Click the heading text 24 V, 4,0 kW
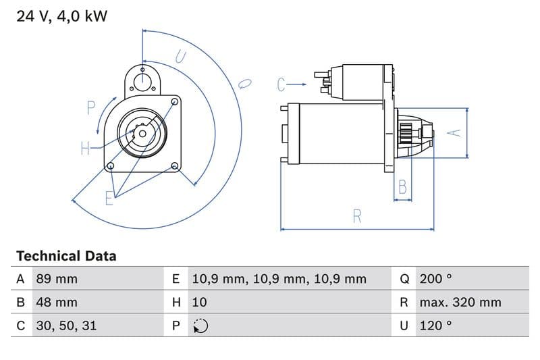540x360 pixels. click(x=61, y=16)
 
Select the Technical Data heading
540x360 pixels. click(x=66, y=256)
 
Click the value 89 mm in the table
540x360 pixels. click(x=57, y=279)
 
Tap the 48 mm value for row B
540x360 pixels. click(x=57, y=302)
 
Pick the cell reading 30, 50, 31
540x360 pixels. click(x=65, y=325)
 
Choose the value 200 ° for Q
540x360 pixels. click(x=436, y=279)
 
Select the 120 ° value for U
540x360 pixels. click(x=435, y=325)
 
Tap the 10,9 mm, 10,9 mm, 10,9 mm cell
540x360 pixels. click(x=279, y=279)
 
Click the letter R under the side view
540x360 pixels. click(x=357, y=216)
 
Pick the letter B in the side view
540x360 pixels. click(x=403, y=187)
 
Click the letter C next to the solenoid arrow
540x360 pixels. click(x=282, y=84)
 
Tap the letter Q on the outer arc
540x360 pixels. click(x=245, y=84)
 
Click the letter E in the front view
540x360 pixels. click(x=109, y=197)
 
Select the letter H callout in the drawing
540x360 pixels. click(x=86, y=149)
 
